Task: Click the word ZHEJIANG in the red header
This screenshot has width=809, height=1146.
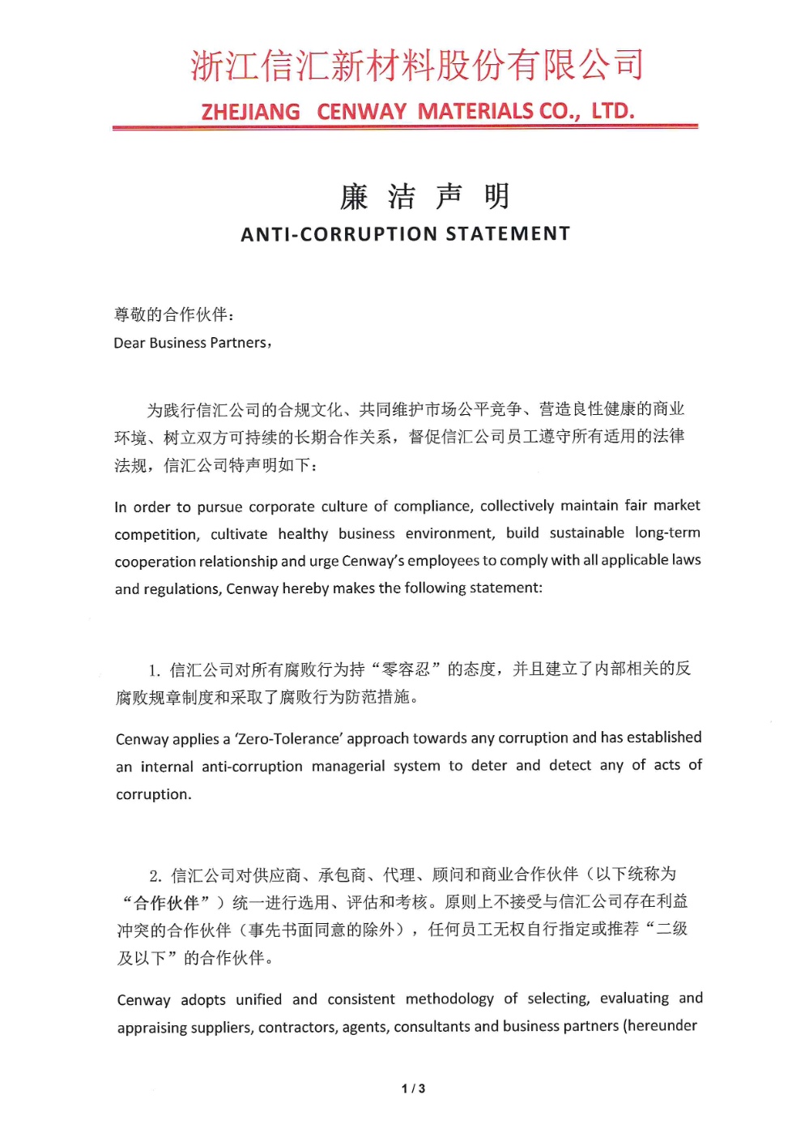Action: pyautogui.click(x=250, y=112)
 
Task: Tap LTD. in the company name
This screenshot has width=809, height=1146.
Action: pyautogui.click(x=612, y=110)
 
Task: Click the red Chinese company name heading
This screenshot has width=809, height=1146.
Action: pyautogui.click(x=417, y=66)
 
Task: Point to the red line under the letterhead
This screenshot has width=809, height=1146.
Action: pyautogui.click(x=405, y=127)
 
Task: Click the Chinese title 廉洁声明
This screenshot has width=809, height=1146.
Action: pyautogui.click(x=424, y=196)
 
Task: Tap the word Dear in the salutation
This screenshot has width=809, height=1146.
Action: pyautogui.click(x=129, y=343)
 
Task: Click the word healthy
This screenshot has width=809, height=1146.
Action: pyautogui.click(x=303, y=534)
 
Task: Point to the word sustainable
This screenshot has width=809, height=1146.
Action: pyautogui.click(x=586, y=532)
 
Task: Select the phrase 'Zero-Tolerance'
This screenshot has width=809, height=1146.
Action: pyautogui.click(x=287, y=738)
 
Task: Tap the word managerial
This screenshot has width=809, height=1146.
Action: pyautogui.click(x=348, y=766)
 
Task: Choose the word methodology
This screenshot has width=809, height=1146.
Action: pyautogui.click(x=449, y=998)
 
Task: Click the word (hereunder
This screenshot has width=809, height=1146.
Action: pyautogui.click(x=659, y=1025)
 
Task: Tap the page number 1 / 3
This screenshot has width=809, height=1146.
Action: pyautogui.click(x=413, y=1088)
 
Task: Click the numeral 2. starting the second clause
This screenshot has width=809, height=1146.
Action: pyautogui.click(x=155, y=875)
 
